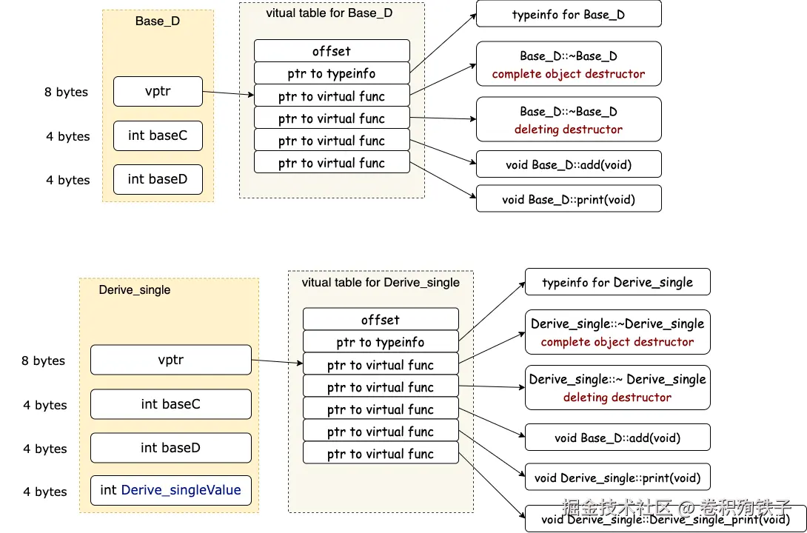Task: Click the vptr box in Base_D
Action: click(158, 92)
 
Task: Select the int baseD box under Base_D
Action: click(158, 180)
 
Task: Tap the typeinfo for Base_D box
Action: click(568, 15)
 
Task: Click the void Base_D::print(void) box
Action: click(568, 199)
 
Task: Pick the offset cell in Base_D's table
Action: click(332, 51)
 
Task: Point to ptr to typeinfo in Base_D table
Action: click(332, 73)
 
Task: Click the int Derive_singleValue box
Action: click(171, 491)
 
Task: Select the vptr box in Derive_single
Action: click(171, 361)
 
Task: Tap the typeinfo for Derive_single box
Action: click(617, 283)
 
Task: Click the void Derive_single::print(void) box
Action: click(617, 477)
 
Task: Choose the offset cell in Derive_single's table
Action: click(381, 320)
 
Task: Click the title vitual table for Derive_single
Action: click(381, 283)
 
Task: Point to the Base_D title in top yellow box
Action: click(158, 21)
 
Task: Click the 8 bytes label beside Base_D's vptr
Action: click(66, 93)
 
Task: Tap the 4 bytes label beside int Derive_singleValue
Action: click(44, 492)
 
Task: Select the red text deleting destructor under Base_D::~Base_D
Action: click(568, 130)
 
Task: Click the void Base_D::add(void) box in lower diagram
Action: click(617, 438)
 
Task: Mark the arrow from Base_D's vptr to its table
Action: click(228, 93)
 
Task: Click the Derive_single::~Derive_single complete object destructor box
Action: click(617, 332)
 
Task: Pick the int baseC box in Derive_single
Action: click(171, 404)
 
